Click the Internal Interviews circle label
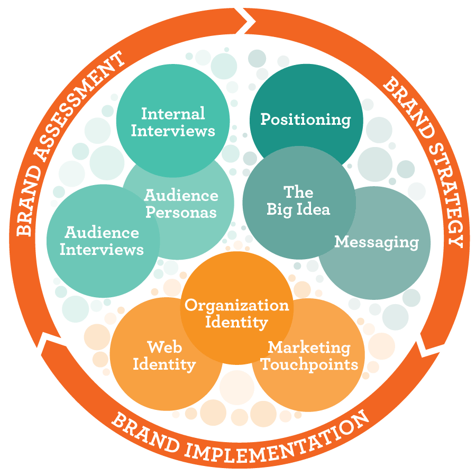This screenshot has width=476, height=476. click(x=173, y=122)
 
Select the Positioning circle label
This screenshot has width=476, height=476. click(x=306, y=119)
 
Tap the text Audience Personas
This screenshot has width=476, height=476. click(x=181, y=204)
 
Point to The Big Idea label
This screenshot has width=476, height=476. click(x=298, y=200)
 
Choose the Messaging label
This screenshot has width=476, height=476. click(x=377, y=242)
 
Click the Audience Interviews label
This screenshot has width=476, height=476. click(x=102, y=241)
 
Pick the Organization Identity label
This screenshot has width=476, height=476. click(x=236, y=313)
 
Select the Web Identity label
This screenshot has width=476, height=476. click(x=164, y=355)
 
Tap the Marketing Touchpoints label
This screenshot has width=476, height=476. click(x=309, y=356)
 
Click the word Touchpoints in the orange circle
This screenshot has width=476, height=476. click(x=309, y=364)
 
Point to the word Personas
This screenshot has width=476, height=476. click(x=181, y=212)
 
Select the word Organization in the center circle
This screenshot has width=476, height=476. click(x=236, y=305)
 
